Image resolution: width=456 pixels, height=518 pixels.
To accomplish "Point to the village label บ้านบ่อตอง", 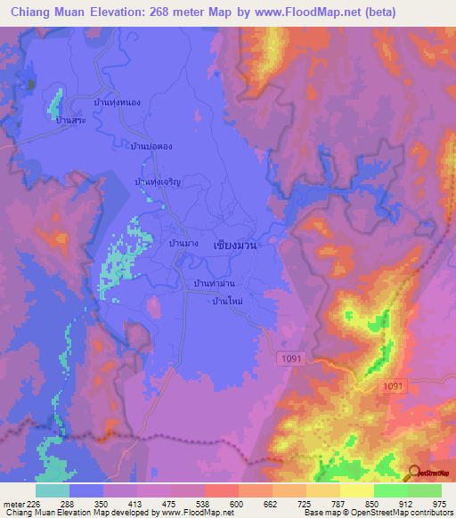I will [x=151, y=146].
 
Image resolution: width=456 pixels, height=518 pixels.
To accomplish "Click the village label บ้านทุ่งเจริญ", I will [x=158, y=182].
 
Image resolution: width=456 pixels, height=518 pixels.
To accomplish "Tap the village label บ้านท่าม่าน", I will [x=214, y=284].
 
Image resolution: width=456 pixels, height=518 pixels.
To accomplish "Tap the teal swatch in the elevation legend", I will [x=52, y=490].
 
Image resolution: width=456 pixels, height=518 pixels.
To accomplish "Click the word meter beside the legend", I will [x=13, y=503].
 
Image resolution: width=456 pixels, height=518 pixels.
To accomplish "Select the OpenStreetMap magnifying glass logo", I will [x=414, y=473].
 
